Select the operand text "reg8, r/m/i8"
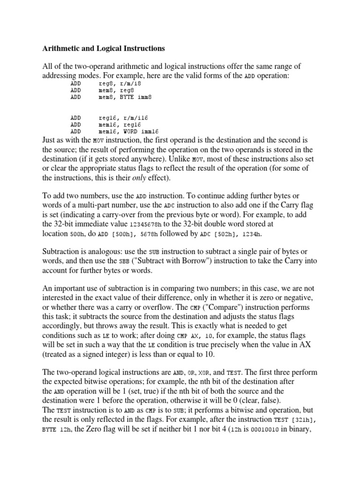click(x=120, y=83)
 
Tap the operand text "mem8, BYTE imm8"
click(x=125, y=97)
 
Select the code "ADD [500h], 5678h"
click(x=121, y=234)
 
